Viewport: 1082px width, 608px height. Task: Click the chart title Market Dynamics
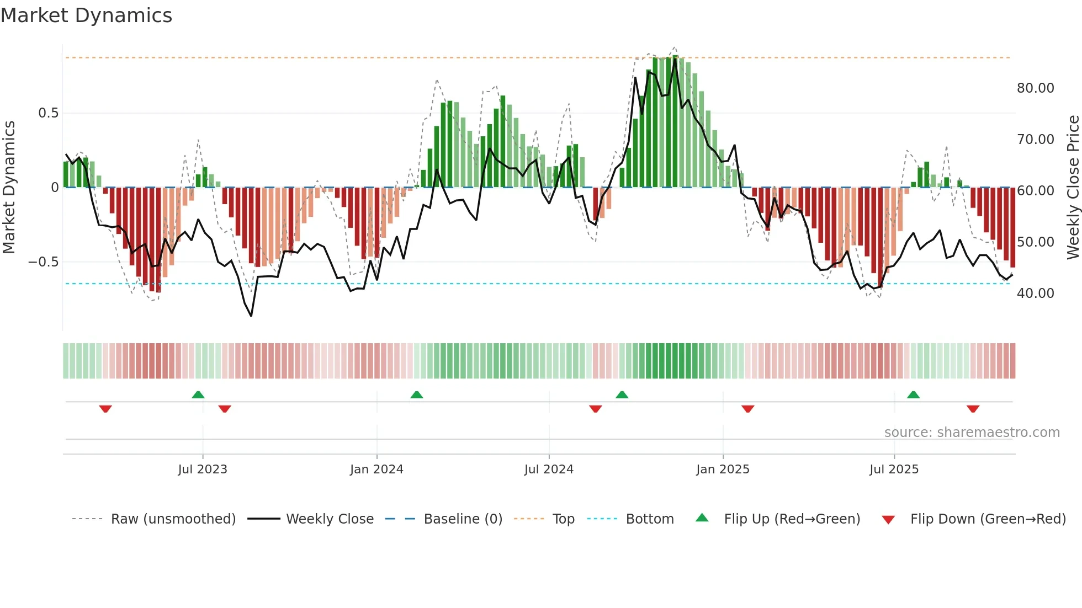tap(87, 15)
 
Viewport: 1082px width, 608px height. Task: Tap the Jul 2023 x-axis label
tap(203, 470)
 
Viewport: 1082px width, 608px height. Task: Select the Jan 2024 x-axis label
tap(376, 470)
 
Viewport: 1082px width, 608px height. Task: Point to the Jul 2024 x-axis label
tap(549, 470)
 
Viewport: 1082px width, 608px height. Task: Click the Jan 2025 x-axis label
tap(723, 470)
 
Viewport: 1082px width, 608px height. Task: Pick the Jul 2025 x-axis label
tap(894, 470)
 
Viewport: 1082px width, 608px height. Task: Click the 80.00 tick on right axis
tap(1035, 88)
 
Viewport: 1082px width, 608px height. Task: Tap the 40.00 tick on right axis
tap(1035, 294)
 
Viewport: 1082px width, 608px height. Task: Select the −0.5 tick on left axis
tap(43, 262)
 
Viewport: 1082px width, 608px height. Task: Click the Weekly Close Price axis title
tap(1073, 187)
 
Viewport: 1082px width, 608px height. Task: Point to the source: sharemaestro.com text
tap(972, 433)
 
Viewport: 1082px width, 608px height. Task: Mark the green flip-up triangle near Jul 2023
tap(198, 394)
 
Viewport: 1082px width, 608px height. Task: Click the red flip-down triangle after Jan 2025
tap(747, 409)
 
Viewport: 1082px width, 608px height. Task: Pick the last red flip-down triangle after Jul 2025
tap(973, 409)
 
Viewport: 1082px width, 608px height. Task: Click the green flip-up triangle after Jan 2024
tap(417, 394)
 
